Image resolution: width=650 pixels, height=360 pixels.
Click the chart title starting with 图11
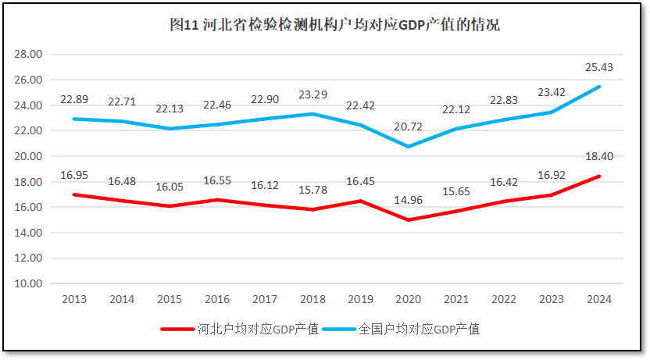334,25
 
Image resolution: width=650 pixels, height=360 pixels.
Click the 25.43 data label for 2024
599,68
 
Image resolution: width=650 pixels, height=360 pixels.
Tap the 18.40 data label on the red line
599,157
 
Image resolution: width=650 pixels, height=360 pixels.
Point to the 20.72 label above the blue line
408,127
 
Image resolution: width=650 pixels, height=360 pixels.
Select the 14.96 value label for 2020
408,201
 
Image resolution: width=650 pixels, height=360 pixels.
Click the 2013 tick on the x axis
73,299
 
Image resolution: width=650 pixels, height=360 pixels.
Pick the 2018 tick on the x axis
312,299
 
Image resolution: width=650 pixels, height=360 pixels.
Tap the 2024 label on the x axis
599,299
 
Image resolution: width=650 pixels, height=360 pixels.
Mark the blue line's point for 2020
408,147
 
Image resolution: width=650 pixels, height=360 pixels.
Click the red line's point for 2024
599,176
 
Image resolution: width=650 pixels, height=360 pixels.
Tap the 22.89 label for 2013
73,100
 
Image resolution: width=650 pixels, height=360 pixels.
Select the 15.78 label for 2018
312,191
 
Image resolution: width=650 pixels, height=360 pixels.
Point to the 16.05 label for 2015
169,187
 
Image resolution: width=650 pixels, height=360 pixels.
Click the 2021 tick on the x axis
455,299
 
